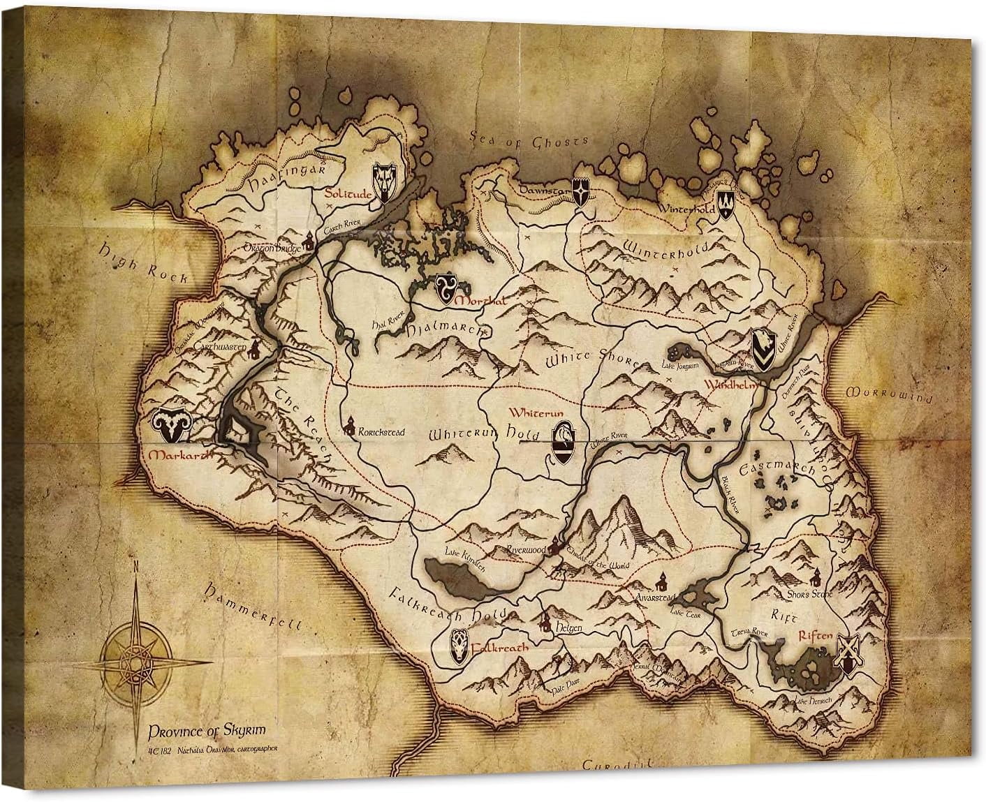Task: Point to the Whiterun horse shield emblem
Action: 564,441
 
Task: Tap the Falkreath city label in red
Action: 499,647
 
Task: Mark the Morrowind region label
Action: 888,394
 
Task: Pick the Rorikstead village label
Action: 381,432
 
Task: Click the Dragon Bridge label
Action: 272,247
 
